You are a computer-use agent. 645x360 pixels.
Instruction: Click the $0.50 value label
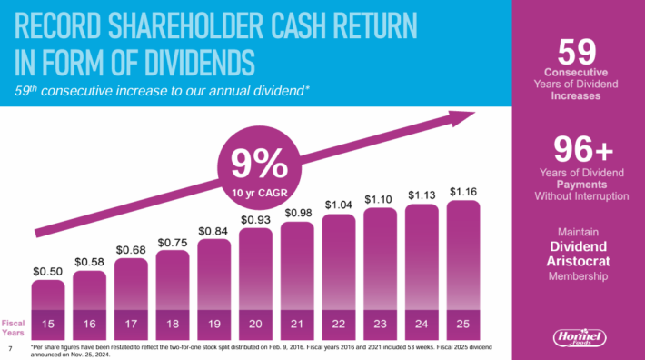[48, 271]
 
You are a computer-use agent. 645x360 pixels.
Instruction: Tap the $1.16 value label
[464, 191]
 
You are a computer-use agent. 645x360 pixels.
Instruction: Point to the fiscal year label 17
[132, 322]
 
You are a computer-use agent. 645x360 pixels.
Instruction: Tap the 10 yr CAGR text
[257, 192]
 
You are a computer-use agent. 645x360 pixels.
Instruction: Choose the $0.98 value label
[298, 213]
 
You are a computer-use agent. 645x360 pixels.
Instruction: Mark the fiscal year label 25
[464, 322]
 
